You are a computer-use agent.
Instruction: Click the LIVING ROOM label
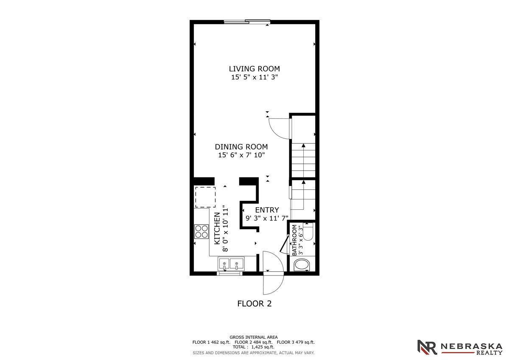tap(254, 69)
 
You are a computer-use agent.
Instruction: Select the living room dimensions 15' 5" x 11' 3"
tap(254, 78)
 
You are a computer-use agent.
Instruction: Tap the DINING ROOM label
tap(241, 147)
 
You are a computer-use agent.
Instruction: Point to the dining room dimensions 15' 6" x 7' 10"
tap(241, 155)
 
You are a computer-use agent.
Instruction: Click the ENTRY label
tap(267, 210)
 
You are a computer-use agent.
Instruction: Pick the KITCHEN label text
tap(217, 228)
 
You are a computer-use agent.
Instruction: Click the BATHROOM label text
tap(294, 240)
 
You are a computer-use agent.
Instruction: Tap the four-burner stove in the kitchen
tap(201, 231)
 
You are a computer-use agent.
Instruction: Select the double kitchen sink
tap(231, 264)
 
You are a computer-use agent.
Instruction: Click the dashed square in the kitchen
tap(205, 197)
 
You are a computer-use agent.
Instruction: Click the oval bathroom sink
tap(302, 266)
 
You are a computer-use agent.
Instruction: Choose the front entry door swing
tap(273, 274)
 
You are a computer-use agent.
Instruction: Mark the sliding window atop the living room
tap(247, 22)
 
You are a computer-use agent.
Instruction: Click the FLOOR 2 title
tap(254, 304)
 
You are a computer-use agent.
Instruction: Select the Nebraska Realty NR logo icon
tap(427, 347)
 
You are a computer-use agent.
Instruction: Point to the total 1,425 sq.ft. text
tap(253, 347)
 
